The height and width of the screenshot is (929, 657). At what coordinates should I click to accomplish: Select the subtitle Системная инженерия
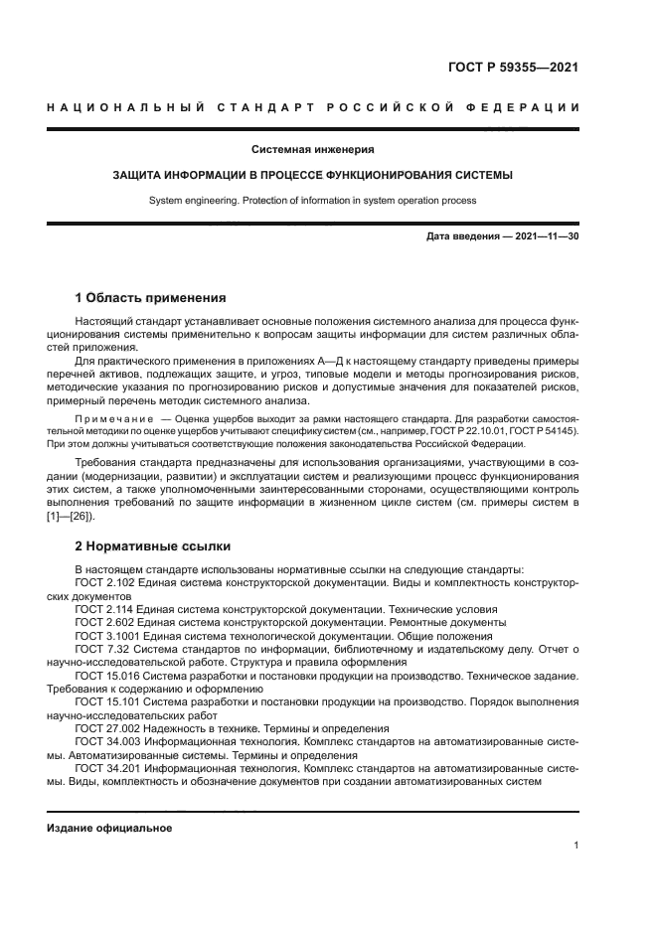[x=312, y=150]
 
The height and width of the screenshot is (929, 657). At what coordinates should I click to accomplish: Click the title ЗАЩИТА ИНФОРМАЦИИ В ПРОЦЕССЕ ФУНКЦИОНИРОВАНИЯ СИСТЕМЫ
[x=312, y=175]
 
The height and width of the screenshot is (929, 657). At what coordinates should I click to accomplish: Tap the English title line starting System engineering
[x=312, y=200]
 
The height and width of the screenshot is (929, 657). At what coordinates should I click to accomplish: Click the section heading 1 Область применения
[x=151, y=297]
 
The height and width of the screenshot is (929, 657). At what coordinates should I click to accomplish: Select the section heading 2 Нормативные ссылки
[x=153, y=545]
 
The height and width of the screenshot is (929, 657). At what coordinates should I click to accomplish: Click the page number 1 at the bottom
[x=575, y=845]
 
